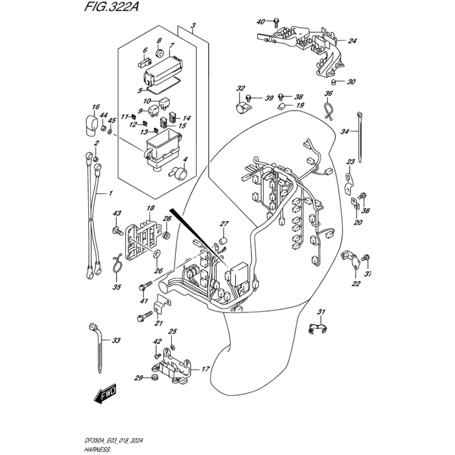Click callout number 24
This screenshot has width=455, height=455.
click(x=352, y=41)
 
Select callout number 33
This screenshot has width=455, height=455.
click(x=116, y=341)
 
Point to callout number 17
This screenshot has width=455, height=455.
click(x=205, y=369)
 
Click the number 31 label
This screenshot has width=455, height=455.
click(x=321, y=311)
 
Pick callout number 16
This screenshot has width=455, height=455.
click(x=95, y=106)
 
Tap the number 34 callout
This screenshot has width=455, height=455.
click(x=344, y=132)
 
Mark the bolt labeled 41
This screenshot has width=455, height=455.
click(x=147, y=283)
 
